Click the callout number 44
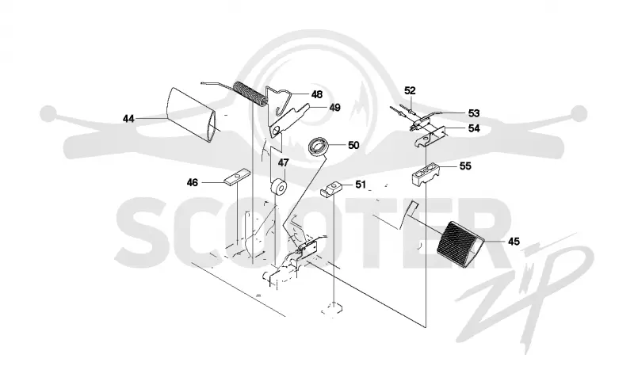click(x=128, y=119)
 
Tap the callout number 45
click(x=514, y=242)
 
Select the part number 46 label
click(x=193, y=183)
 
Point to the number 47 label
click(x=284, y=163)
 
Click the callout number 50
click(x=353, y=146)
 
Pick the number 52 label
click(x=410, y=91)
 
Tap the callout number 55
click(x=465, y=166)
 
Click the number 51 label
click(x=361, y=185)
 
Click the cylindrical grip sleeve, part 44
click(x=192, y=115)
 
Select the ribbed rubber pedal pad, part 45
click(x=460, y=242)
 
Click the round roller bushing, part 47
click(x=278, y=188)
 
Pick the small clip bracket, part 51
click(x=331, y=189)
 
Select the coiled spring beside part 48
click(x=250, y=93)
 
